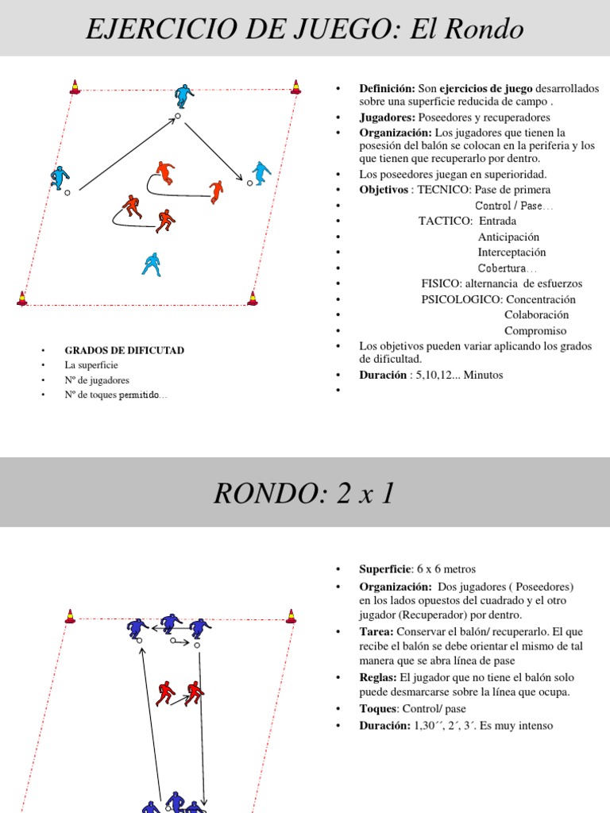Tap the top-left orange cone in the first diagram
click(x=75, y=87)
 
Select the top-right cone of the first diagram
click(x=295, y=87)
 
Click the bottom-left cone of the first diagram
click(x=22, y=299)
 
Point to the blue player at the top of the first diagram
click(x=184, y=96)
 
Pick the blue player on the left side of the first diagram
click(x=60, y=177)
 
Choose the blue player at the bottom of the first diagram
click(x=151, y=264)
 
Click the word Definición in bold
click(x=388, y=88)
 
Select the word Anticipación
click(x=508, y=237)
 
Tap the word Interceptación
click(x=512, y=252)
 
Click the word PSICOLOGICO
click(x=460, y=299)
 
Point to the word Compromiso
click(x=535, y=330)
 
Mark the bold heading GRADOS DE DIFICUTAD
click(x=125, y=350)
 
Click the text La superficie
click(x=91, y=365)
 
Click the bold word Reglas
click(x=378, y=677)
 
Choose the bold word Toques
click(x=378, y=708)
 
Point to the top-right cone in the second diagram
click(x=291, y=615)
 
